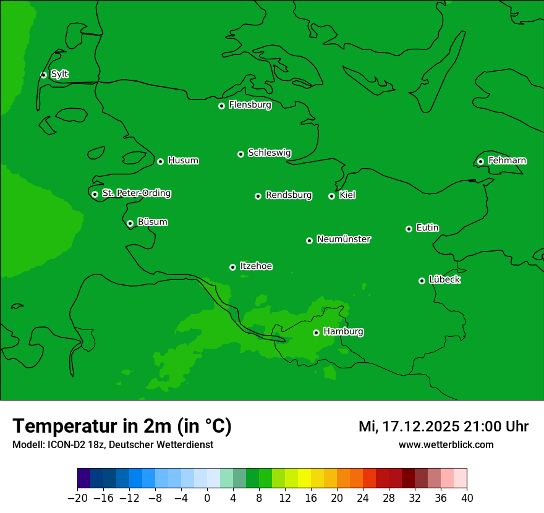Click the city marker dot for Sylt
(43, 75)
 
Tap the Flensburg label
(250, 105)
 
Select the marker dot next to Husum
(160, 161)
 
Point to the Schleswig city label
(269, 153)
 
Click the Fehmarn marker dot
(480, 161)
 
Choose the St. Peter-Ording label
(136, 193)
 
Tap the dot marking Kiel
(331, 196)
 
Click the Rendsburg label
(288, 195)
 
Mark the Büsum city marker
(130, 223)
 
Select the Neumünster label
(343, 239)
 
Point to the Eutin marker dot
(409, 229)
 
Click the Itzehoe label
(256, 266)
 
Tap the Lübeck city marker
(422, 281)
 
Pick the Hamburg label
(343, 332)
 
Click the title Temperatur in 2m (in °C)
(122, 426)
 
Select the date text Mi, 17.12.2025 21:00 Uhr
(443, 426)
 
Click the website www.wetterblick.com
(446, 445)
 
